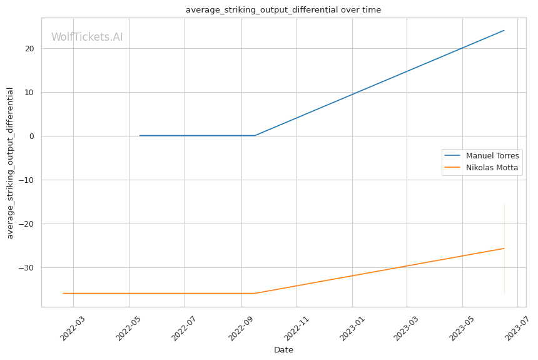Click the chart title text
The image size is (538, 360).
pyautogui.click(x=283, y=9)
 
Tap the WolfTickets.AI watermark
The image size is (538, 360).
pyautogui.click(x=87, y=37)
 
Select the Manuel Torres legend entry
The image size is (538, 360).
pyautogui.click(x=492, y=155)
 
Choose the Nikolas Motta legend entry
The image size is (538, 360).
pyautogui.click(x=492, y=168)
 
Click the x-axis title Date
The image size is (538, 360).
pyautogui.click(x=283, y=350)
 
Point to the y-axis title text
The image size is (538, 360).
pyautogui.click(x=10, y=163)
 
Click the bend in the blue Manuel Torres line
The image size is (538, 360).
pyautogui.click(x=255, y=135)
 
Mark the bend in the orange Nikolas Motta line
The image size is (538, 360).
pyautogui.click(x=255, y=293)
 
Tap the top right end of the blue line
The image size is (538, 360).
pyautogui.click(x=504, y=30)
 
